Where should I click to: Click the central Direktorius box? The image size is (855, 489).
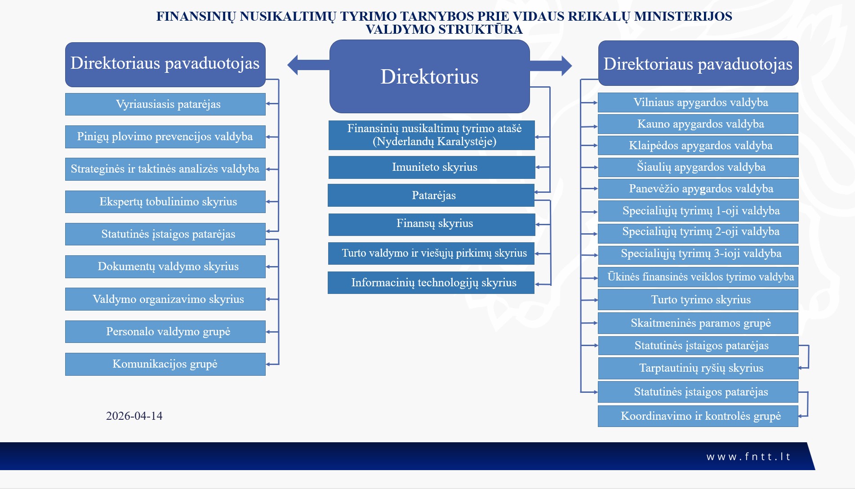tap(430, 76)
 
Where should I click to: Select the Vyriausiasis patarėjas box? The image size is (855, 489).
tap(165, 104)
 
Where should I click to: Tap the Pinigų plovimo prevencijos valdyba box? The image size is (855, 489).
tap(165, 137)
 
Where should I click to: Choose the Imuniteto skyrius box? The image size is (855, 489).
tap(432, 167)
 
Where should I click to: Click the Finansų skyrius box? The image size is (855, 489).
tap(432, 224)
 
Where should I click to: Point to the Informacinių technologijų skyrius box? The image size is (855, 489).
tap(431, 283)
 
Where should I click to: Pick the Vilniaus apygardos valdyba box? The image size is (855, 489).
tap(698, 102)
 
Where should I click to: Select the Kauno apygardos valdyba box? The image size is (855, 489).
tap(698, 124)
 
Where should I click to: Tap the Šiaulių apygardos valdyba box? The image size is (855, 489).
tap(698, 167)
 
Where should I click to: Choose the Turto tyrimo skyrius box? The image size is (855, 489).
tap(698, 300)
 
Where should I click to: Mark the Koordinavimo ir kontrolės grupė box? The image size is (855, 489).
tap(698, 416)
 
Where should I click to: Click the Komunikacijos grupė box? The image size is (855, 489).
tap(165, 364)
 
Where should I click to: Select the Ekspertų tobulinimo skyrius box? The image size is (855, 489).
tap(165, 202)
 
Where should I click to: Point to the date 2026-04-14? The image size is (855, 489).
tap(134, 416)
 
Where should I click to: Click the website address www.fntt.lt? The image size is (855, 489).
tap(748, 457)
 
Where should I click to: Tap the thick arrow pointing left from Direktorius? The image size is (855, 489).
tap(308, 65)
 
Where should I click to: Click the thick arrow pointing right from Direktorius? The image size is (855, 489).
tap(551, 66)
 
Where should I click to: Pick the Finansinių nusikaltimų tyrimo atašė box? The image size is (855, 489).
tap(432, 135)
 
